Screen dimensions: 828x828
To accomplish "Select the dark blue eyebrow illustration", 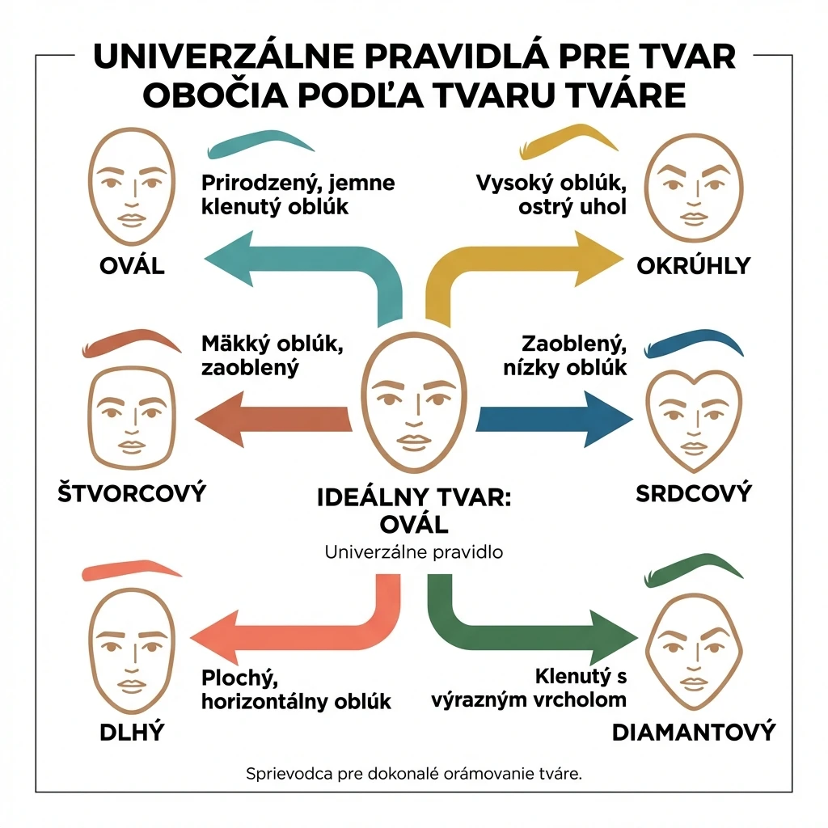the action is pyautogui.click(x=693, y=342).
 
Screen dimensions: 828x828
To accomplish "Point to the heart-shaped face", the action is pyautogui.click(x=694, y=420).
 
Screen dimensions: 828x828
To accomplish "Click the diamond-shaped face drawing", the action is pyautogui.click(x=694, y=652).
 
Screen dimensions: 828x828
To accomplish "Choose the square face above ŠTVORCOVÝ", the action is pyautogui.click(x=132, y=418).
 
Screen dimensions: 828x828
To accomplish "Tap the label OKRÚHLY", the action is pyautogui.click(x=693, y=265).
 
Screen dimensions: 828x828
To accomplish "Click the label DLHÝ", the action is pyautogui.click(x=132, y=733).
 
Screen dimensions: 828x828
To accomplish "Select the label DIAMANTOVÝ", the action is pyautogui.click(x=693, y=733).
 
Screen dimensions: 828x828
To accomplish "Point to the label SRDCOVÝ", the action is pyautogui.click(x=693, y=494).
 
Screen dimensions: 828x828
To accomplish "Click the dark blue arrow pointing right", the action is pyautogui.click(x=555, y=420).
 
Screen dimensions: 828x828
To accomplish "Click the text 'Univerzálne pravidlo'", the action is pyautogui.click(x=414, y=552).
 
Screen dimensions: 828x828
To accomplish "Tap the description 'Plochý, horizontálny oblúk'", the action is pyautogui.click(x=296, y=690).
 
